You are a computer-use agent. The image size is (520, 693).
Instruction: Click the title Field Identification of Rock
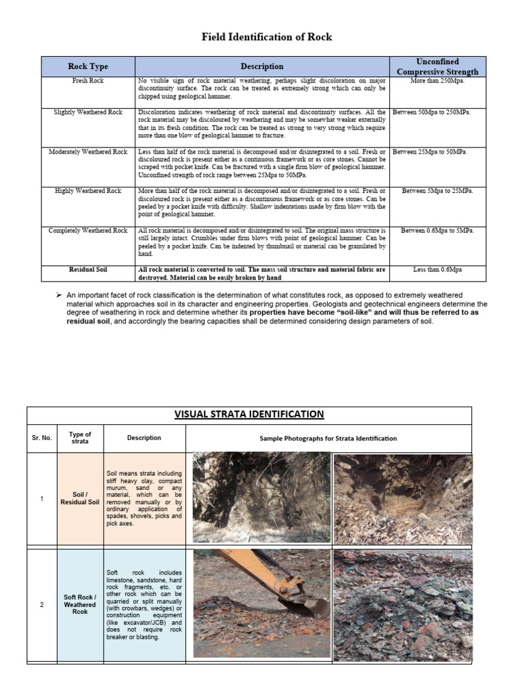(267, 37)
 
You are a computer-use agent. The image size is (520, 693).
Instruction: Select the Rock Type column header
(88, 66)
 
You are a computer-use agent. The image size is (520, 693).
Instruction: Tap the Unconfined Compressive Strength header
(437, 66)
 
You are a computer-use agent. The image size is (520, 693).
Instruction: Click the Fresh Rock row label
(88, 81)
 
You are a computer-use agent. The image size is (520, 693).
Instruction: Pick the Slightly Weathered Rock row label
(88, 112)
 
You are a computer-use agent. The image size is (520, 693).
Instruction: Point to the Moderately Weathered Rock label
(88, 152)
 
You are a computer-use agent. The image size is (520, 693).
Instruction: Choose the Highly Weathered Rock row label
(88, 191)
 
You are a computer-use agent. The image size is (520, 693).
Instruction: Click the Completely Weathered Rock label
(88, 231)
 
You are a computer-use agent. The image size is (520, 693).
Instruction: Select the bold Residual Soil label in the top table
(88, 269)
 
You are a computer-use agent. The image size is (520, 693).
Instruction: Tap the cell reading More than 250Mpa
(437, 81)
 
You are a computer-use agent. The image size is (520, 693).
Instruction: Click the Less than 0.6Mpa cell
(437, 269)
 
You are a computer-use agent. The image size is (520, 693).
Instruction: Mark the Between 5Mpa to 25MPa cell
(437, 191)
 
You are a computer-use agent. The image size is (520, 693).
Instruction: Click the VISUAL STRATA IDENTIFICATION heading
(249, 414)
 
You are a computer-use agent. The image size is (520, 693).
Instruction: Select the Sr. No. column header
(42, 438)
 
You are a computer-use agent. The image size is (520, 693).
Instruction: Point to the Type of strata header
(81, 438)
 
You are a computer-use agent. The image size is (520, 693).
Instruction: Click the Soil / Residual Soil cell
(81, 499)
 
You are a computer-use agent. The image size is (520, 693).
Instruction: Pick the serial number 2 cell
(42, 604)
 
